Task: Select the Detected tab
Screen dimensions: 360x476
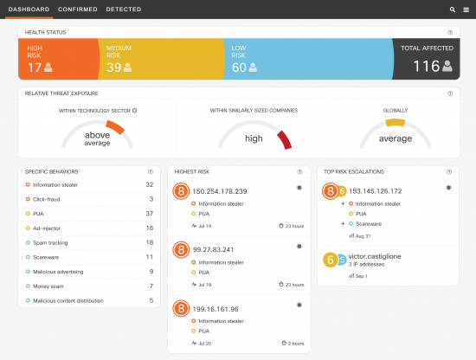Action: (124, 9)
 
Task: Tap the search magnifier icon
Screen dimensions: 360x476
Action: (453, 9)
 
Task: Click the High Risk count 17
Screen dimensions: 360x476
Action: (35, 67)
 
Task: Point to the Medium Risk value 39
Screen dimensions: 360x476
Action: (113, 67)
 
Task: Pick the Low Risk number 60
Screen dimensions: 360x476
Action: (239, 67)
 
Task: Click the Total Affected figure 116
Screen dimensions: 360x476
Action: (426, 66)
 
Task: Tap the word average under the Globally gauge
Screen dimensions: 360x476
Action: (396, 138)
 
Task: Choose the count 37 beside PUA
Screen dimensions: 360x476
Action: (149, 213)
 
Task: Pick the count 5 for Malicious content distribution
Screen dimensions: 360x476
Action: (151, 299)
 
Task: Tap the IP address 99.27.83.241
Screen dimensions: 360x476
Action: (215, 249)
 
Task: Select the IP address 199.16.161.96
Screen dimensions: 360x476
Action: (215, 308)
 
